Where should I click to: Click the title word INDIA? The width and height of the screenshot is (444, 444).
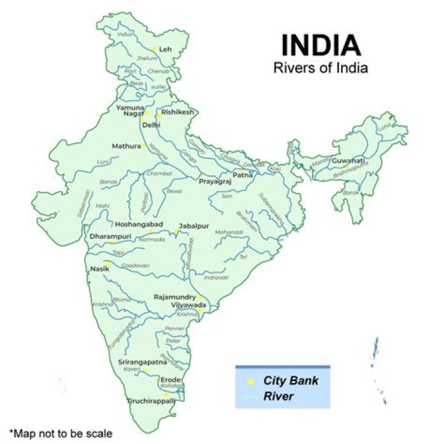click(321, 46)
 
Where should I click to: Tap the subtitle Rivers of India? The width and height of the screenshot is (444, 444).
click(321, 68)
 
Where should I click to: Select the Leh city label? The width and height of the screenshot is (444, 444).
click(165, 49)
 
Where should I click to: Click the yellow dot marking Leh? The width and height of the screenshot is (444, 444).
click(154, 49)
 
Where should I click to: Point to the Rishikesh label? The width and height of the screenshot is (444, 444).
click(178, 112)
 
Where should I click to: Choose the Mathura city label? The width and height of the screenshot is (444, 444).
click(126, 146)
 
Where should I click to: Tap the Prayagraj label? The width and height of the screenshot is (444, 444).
click(214, 183)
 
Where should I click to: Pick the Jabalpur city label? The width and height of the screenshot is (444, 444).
click(194, 226)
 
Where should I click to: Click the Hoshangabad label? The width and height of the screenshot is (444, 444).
click(139, 224)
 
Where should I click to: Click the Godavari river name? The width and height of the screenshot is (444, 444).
click(135, 265)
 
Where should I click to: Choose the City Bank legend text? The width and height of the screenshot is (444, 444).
click(291, 380)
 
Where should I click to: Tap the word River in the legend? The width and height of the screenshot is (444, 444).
click(278, 397)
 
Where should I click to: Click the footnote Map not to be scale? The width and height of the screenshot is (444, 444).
click(60, 432)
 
